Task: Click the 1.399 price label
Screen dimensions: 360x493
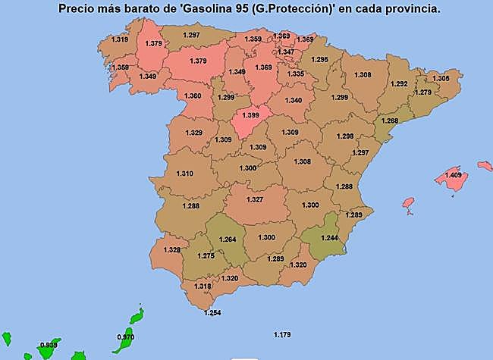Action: click(x=250, y=114)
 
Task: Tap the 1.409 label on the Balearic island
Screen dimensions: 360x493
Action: click(x=454, y=175)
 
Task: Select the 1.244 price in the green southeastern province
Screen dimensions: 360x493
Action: click(x=329, y=237)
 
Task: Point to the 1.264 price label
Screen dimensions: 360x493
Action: click(x=228, y=240)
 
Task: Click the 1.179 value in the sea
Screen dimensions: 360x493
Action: click(x=282, y=334)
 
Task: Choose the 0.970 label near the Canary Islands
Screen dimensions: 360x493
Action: click(x=126, y=337)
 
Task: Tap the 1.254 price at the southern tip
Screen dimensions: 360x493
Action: click(x=213, y=313)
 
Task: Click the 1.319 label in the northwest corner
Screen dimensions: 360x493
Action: click(x=120, y=39)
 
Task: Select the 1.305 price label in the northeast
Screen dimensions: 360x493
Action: click(x=441, y=78)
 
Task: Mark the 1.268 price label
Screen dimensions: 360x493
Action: click(x=389, y=121)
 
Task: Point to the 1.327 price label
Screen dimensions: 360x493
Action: click(x=255, y=200)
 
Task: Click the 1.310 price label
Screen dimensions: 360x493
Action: click(x=184, y=174)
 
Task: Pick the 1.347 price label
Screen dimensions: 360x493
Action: click(x=297, y=52)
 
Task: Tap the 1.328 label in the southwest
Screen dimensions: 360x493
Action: click(x=172, y=250)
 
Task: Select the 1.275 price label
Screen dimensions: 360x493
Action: click(x=206, y=256)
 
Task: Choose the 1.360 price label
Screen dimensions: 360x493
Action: click(x=193, y=96)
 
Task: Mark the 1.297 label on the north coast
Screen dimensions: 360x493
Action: click(x=191, y=36)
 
